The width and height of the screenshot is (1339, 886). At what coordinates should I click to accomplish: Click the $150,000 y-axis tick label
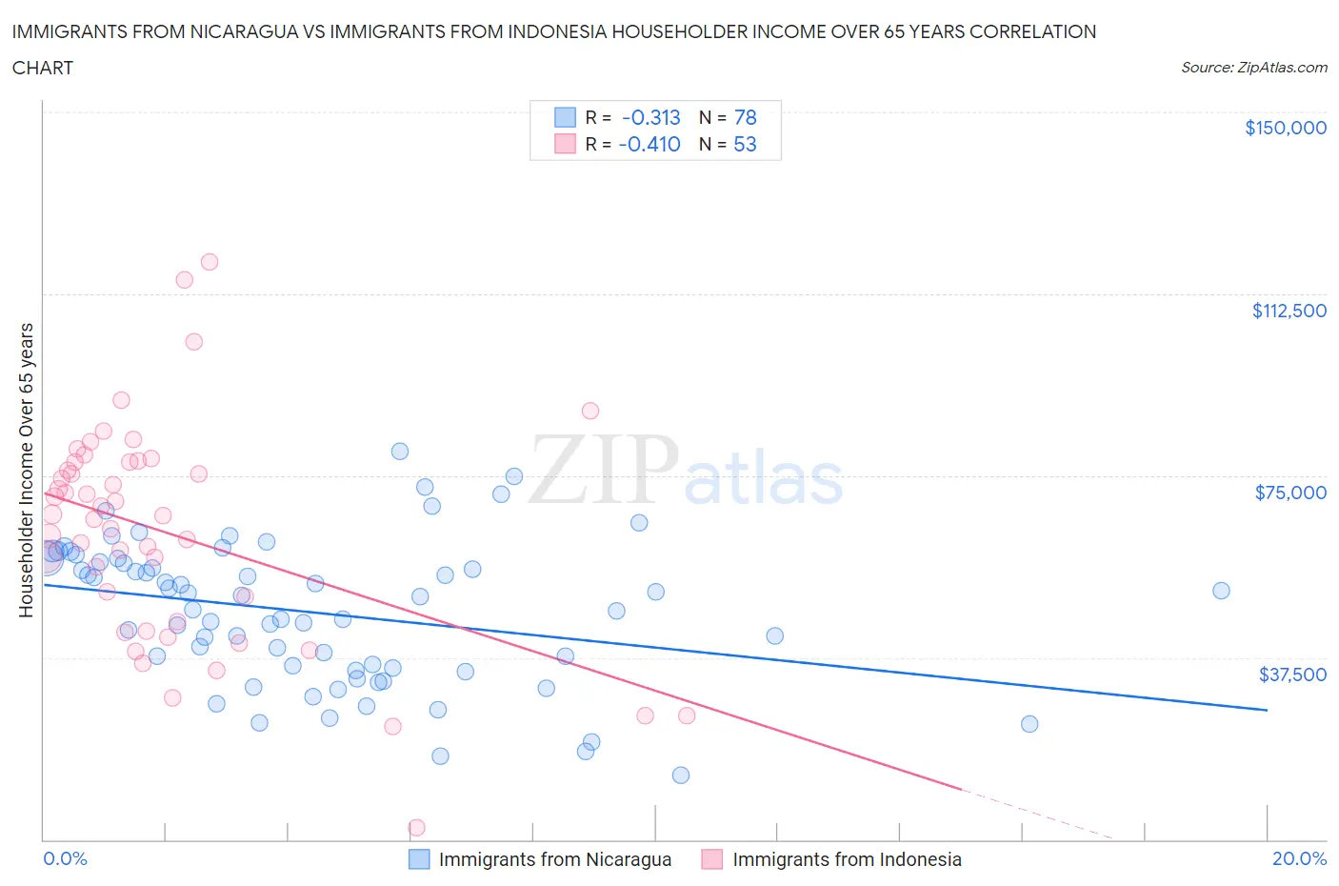coord(1285,128)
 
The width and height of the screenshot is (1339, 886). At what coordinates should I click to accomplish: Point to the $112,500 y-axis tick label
coord(1289,311)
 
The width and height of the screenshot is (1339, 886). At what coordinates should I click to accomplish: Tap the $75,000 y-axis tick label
coord(1290,493)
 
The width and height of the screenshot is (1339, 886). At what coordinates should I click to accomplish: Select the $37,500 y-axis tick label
coord(1292,675)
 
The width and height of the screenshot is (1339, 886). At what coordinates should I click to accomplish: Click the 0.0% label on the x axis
coord(65,858)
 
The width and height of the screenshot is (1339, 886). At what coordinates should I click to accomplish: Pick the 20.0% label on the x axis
coord(1299,858)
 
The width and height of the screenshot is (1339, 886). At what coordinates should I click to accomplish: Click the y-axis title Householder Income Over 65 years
coord(27,470)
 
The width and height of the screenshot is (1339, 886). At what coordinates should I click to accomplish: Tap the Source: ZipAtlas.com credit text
coord(1253,68)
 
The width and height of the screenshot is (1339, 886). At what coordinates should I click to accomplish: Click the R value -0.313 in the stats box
coord(651,117)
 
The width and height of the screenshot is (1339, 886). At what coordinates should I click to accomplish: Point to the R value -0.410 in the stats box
coord(650,144)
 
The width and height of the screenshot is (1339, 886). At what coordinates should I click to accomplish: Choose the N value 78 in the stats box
coord(745,117)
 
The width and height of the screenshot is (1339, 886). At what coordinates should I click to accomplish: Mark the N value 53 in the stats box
coord(745,144)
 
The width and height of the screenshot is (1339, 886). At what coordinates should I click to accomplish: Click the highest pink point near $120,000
coord(210,262)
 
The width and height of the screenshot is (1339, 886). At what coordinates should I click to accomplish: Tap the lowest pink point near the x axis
coord(416,827)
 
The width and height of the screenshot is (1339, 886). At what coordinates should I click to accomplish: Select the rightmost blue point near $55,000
coord(1221,591)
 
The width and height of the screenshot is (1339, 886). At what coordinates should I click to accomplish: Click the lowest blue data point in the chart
coord(681,775)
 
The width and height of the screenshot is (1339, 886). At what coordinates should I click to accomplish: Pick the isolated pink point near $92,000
coord(590,411)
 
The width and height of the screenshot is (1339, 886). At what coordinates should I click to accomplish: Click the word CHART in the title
coord(43,68)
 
